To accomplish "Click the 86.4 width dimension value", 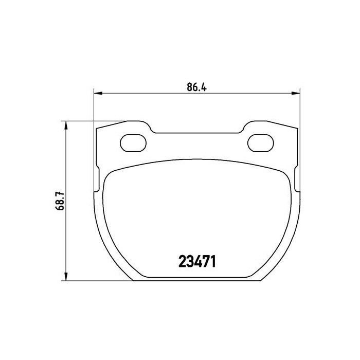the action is tap(196, 87).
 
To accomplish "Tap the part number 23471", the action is tap(197, 262).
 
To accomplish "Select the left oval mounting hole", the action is tap(133, 143).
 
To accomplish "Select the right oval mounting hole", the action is tap(261, 143).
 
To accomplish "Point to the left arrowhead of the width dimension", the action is tap(98, 93).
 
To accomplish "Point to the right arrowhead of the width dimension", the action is tap(296, 93).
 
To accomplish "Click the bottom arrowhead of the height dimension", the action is tap(66, 276).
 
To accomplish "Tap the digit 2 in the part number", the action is tap(182, 262).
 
